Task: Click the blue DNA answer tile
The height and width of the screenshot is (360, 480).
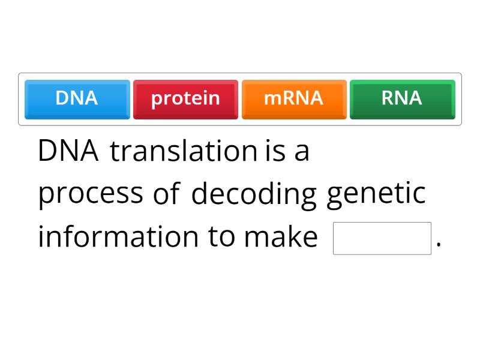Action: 77,98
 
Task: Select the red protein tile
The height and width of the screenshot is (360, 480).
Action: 185,98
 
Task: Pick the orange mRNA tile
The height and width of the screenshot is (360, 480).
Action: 293,98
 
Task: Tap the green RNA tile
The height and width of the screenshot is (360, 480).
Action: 402,98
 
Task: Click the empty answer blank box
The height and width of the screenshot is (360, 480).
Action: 382,238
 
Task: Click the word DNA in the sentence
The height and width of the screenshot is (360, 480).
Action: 68,151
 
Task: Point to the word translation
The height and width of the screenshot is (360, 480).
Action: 184,151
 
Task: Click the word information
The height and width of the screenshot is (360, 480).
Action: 118,237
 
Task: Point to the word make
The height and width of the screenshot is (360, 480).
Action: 280,237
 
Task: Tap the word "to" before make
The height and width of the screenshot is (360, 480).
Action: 221,237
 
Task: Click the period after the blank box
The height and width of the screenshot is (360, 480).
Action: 439,245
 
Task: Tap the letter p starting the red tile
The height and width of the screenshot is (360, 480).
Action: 157,100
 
